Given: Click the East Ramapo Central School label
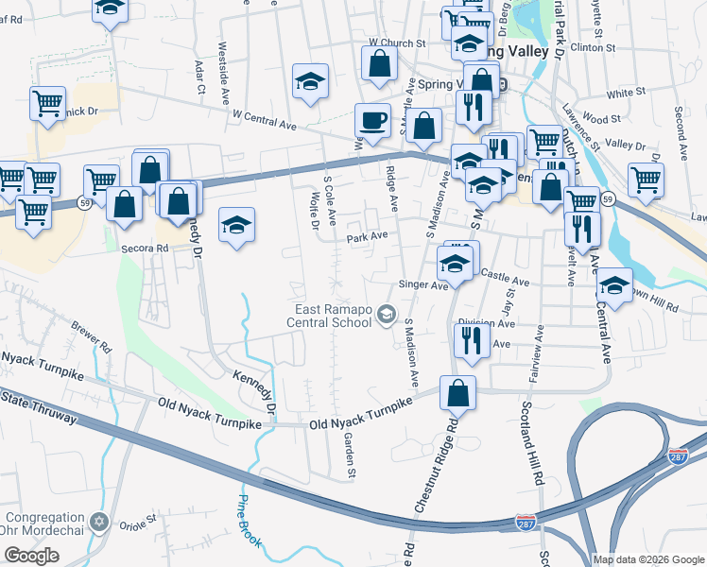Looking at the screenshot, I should point(330,315).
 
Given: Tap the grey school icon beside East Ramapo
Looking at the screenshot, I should point(386,315).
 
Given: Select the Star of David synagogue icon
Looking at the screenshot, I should point(101,523).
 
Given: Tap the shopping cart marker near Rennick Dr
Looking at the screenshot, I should point(47,102).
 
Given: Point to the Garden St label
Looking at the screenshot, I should point(350,454).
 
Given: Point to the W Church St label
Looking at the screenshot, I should point(392,43).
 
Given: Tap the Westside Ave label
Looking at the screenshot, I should point(224,60).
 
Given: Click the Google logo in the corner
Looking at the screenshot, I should point(31,556).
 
